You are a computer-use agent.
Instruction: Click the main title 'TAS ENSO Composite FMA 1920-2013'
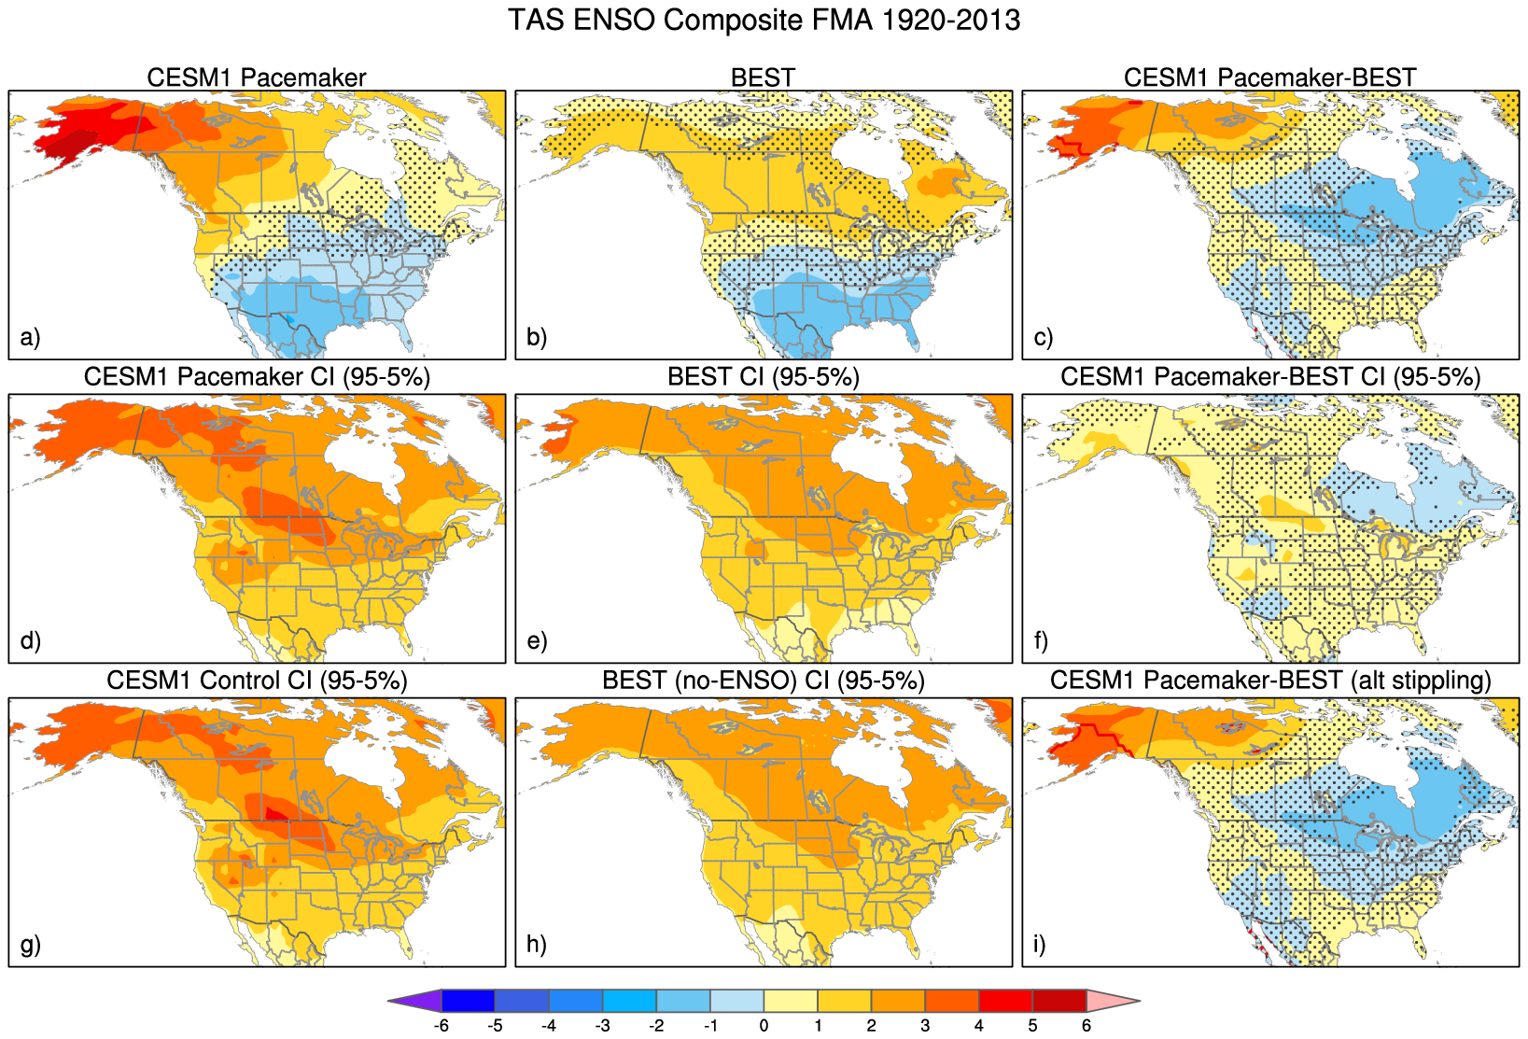click(764, 20)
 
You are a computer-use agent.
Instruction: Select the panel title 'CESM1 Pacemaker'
click(257, 77)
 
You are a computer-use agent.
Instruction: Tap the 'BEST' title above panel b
click(763, 77)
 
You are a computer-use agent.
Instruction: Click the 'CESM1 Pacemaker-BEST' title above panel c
click(1269, 77)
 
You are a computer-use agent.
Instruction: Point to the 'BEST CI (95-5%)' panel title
click(763, 377)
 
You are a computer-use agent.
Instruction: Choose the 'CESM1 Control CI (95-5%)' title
click(257, 681)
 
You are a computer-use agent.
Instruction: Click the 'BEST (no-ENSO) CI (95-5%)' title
click(763, 681)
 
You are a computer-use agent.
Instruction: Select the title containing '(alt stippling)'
click(1269, 681)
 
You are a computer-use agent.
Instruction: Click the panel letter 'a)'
click(30, 337)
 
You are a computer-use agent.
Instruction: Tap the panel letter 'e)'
click(537, 640)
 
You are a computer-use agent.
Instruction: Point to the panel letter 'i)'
click(1040, 944)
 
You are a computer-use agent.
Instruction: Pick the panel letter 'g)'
click(30, 944)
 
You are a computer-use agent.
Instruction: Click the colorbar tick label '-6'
click(442, 1026)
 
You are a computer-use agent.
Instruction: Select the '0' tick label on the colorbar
click(764, 1026)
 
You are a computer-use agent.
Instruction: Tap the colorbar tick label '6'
click(1086, 1026)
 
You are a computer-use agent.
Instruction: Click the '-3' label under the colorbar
click(603, 1026)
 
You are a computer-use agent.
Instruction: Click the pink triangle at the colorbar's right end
click(1112, 1001)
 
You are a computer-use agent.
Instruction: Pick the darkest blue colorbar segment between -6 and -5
click(468, 1001)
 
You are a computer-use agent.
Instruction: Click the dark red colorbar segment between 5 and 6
click(1059, 1001)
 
